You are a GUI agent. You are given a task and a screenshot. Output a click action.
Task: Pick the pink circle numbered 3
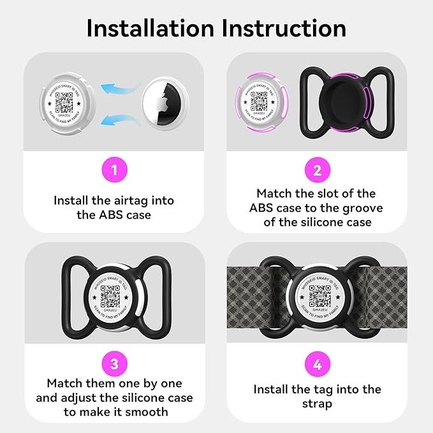pyautogui.click(x=114, y=364)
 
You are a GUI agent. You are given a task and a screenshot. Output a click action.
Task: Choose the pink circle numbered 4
pyautogui.click(x=317, y=364)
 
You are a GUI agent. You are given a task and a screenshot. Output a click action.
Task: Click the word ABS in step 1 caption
pyautogui.click(x=102, y=215)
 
